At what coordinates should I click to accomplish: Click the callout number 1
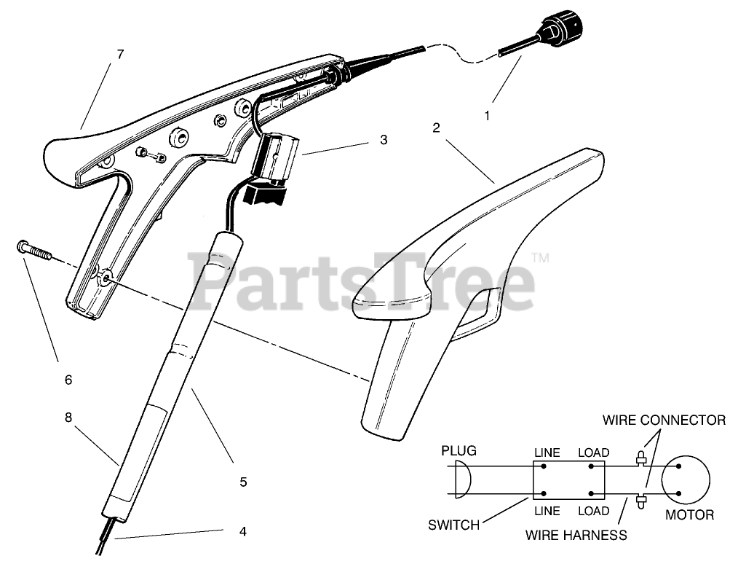click(487, 114)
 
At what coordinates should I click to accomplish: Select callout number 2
click(436, 128)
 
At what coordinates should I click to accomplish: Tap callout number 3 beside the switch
click(384, 141)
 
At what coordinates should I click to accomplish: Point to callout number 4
click(242, 531)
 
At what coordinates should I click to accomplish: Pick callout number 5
click(243, 482)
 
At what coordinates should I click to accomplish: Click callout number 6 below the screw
click(68, 380)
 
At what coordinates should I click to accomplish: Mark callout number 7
click(120, 54)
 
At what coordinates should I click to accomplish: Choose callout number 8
click(68, 418)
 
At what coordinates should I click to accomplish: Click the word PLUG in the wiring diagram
click(459, 451)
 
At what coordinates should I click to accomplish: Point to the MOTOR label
click(690, 515)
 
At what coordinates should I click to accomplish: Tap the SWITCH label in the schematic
click(453, 524)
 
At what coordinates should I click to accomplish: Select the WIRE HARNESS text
click(576, 535)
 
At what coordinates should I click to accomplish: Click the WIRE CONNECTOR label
click(664, 420)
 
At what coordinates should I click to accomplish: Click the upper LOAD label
click(593, 453)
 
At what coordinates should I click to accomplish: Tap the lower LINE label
click(547, 510)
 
